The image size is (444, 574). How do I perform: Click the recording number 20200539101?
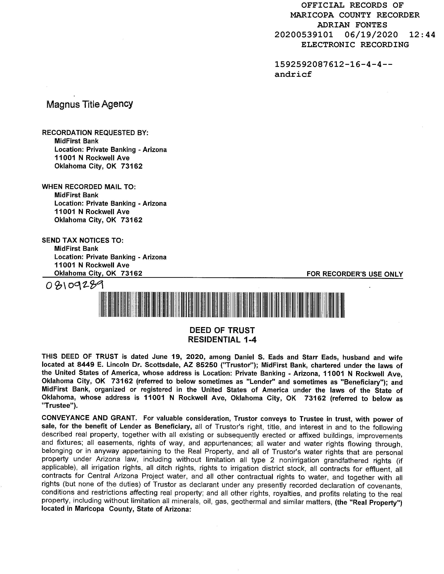(304, 35)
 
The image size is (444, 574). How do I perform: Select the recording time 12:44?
(422, 35)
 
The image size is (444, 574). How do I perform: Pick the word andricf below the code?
(293, 74)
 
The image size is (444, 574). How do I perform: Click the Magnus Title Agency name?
(89, 104)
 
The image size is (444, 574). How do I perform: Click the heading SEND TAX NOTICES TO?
(82, 241)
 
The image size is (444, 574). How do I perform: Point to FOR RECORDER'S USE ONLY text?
(355, 274)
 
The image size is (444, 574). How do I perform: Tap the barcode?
(221, 305)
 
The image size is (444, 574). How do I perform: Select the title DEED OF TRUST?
(222, 330)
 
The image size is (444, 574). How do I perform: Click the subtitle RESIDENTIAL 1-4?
(222, 340)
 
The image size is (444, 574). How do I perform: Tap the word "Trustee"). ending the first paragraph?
(60, 406)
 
